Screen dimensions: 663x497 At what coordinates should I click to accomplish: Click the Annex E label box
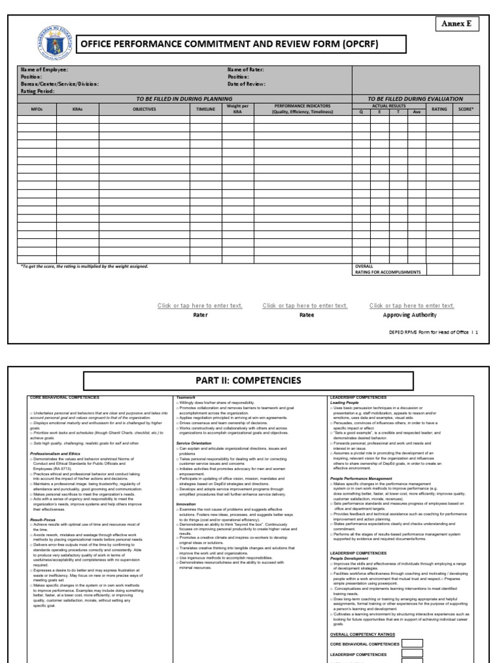point(456,23)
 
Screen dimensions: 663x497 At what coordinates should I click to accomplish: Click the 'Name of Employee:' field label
point(44,69)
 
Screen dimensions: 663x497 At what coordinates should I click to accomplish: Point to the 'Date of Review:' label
point(247,84)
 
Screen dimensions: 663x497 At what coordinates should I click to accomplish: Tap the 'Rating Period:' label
point(38,91)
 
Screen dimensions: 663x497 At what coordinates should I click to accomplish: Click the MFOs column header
point(36,109)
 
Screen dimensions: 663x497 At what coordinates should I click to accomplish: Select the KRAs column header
point(77,109)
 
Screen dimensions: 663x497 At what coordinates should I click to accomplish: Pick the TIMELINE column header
point(206,109)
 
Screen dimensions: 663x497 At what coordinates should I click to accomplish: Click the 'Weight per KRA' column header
point(237,108)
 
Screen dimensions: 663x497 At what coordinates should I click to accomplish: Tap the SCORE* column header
point(465,109)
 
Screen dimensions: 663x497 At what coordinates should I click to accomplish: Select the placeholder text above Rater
point(200,306)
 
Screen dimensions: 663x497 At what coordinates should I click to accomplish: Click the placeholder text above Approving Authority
point(412,306)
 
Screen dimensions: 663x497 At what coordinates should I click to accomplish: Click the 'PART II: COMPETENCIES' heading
point(248,379)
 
